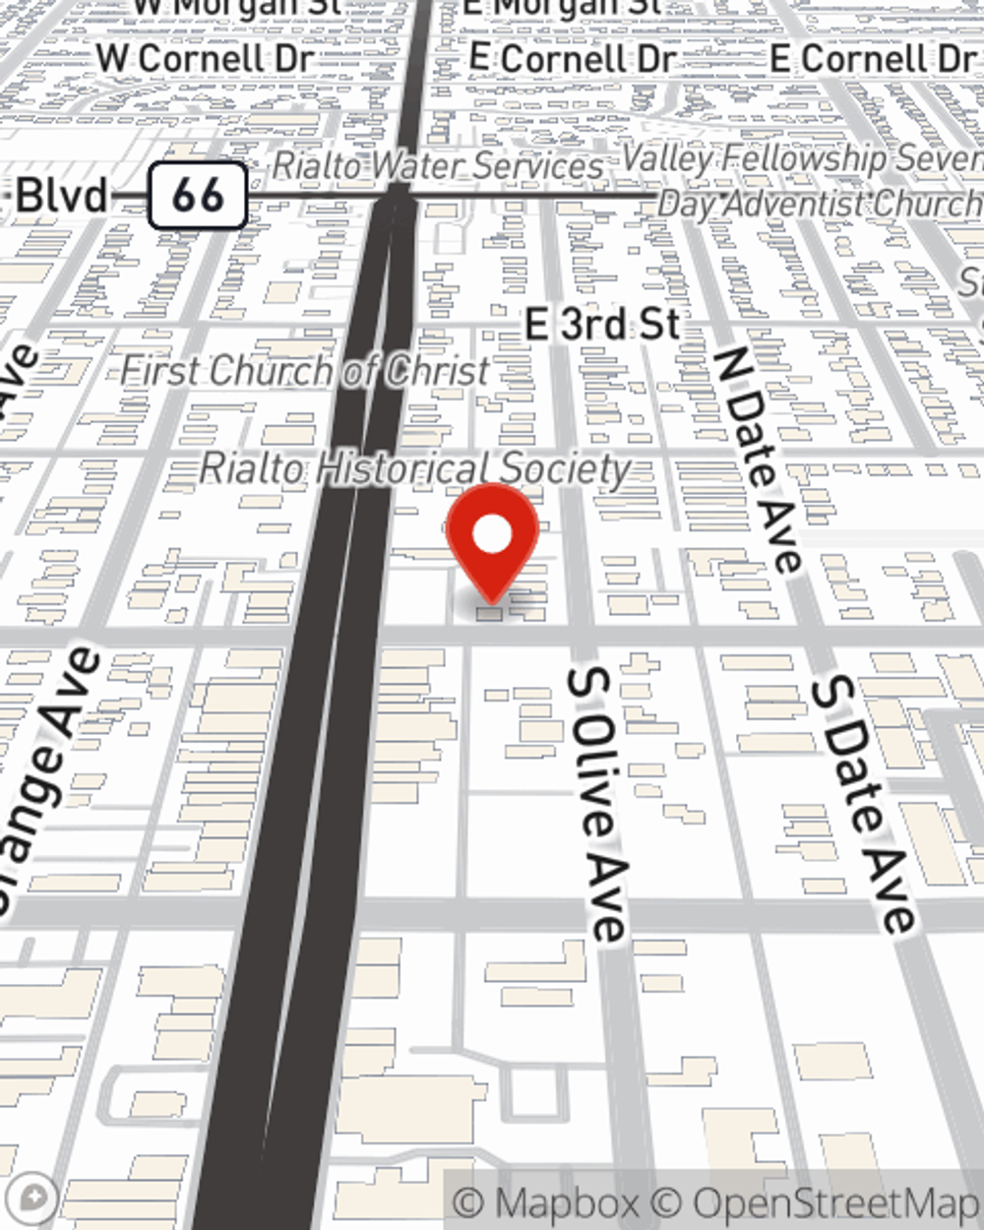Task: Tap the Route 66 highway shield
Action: point(197,196)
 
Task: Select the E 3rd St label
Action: point(602,325)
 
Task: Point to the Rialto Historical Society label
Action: point(414,469)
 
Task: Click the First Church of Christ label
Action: point(305,372)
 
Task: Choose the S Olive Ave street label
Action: point(597,802)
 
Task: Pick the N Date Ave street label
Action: point(758,459)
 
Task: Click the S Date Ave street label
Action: point(862,805)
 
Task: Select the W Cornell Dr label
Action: point(205,58)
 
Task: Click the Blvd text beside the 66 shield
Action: point(62,196)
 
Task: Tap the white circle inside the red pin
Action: point(492,535)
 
